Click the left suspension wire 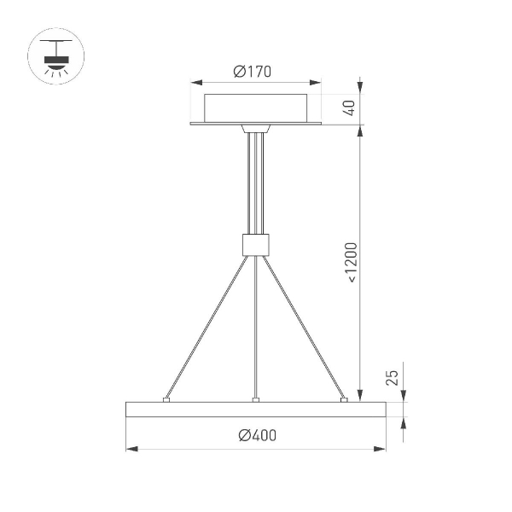tap(209, 324)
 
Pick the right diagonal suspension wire tap(303, 324)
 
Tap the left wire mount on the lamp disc tap(167, 397)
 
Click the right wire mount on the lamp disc tap(344, 397)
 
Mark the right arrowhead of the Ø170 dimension tap(317, 84)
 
